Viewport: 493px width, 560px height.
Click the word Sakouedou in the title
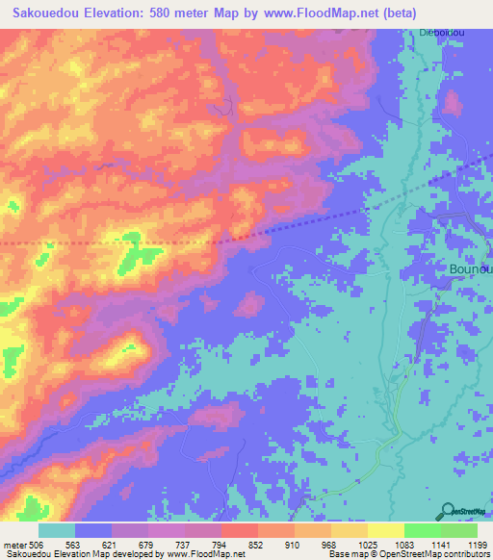click(42, 13)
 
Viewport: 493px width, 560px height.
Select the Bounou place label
click(471, 270)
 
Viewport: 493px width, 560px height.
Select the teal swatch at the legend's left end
click(57, 530)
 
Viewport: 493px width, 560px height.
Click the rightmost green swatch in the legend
click(458, 530)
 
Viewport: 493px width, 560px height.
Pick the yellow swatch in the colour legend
click(385, 530)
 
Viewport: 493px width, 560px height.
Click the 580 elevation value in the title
click(161, 13)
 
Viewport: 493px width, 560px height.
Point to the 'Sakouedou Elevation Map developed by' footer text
click(77, 553)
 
